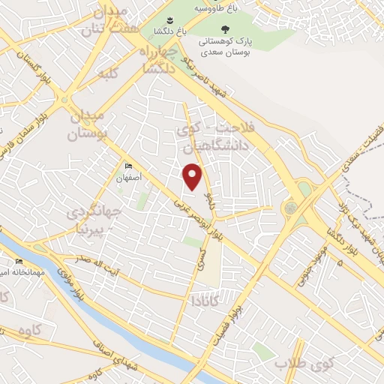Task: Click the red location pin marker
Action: click(193, 175)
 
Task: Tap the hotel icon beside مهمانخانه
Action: click(19, 262)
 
